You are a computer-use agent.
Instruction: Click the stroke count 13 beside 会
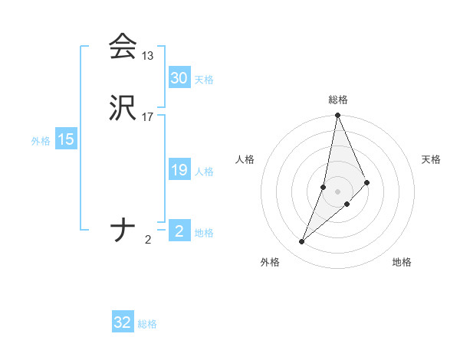tap(147, 56)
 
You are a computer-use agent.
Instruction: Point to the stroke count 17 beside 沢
tap(148, 117)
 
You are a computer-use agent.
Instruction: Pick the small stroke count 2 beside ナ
tap(148, 240)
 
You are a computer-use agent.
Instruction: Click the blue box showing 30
tap(179, 78)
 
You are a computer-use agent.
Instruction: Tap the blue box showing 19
tap(179, 170)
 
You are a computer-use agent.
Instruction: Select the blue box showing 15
tap(66, 139)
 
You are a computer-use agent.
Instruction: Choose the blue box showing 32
tap(123, 322)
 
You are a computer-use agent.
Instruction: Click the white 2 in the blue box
tap(179, 231)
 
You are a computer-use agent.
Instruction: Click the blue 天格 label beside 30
tap(204, 80)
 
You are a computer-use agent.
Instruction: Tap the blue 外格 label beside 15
tap(41, 141)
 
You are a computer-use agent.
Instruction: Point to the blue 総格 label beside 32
tap(147, 324)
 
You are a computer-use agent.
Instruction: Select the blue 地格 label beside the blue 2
tap(204, 233)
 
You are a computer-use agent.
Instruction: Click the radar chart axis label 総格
tap(338, 100)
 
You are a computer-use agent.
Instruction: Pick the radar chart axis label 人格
tap(245, 159)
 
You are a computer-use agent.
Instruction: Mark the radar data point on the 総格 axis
tap(338, 116)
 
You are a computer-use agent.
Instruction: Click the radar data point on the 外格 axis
tap(302, 242)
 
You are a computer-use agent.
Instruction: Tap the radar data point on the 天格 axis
tap(367, 182)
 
